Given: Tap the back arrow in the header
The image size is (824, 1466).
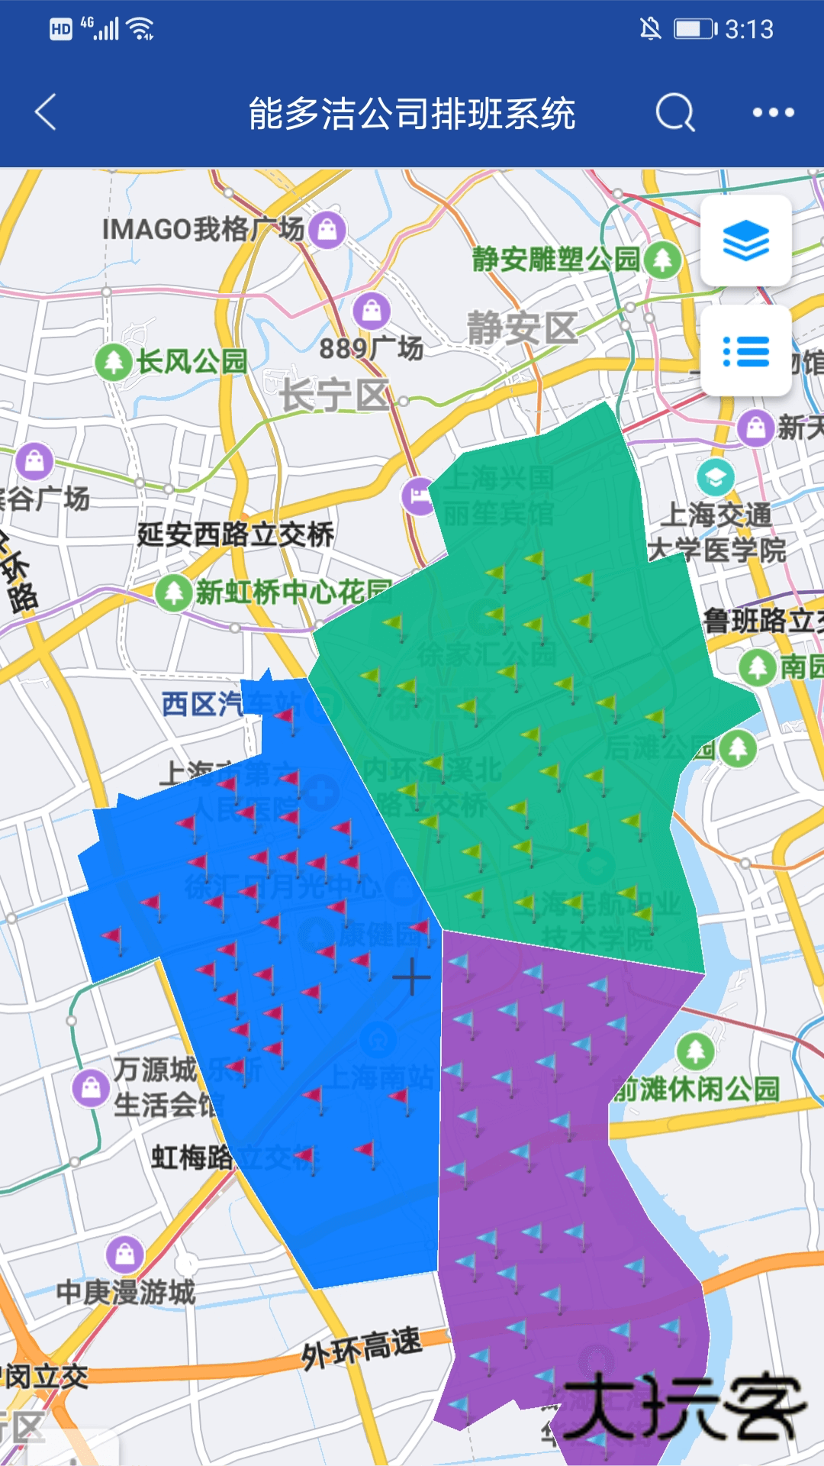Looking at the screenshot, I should (x=47, y=112).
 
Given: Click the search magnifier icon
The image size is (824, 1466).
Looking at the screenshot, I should (x=675, y=113).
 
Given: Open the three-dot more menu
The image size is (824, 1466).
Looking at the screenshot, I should (x=773, y=113).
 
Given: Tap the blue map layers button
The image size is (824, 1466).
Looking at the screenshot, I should (x=745, y=241).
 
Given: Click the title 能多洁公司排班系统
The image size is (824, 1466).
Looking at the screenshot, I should (x=412, y=114).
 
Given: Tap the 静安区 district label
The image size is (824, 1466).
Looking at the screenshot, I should (x=523, y=328).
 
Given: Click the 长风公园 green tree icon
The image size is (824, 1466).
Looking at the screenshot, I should (x=114, y=361).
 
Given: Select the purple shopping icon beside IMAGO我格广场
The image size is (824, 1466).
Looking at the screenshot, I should (x=328, y=228).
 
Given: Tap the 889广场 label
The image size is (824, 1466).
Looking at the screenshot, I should (x=372, y=348).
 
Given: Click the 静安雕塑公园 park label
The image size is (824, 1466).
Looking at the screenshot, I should (x=555, y=259).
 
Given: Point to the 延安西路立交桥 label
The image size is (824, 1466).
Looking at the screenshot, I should (x=235, y=534).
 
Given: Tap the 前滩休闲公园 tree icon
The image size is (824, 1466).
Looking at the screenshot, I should (x=696, y=1051).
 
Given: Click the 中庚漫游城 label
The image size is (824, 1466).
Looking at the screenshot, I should (x=126, y=1292).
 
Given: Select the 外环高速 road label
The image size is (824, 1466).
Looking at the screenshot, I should (x=361, y=1347).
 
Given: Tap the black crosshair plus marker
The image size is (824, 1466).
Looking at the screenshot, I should (x=411, y=977).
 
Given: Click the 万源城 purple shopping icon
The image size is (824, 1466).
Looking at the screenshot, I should (x=91, y=1087).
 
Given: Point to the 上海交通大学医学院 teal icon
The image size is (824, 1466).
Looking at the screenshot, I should (x=715, y=478).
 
